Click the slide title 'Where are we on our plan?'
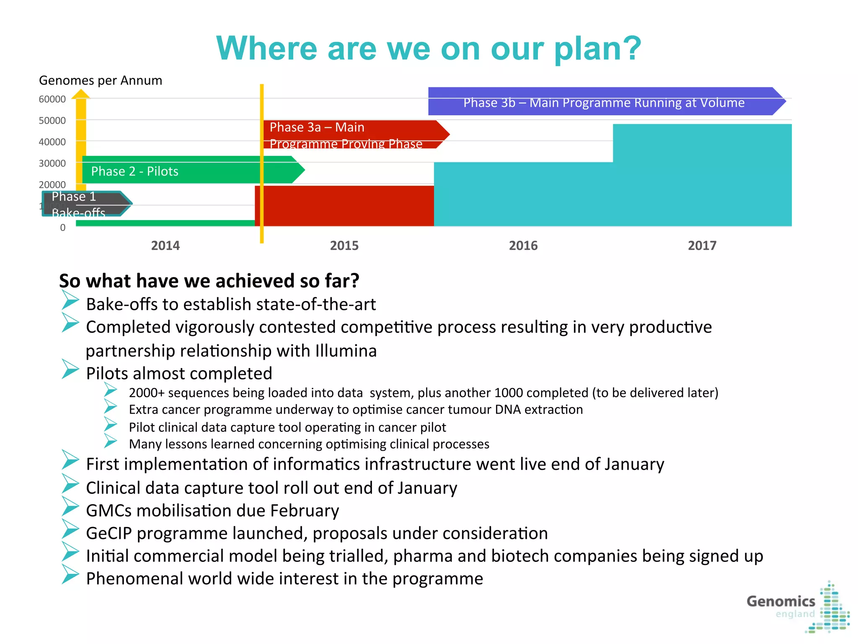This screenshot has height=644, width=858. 428,49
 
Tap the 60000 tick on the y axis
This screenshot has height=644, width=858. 52,99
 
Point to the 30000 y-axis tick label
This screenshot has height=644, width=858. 52,164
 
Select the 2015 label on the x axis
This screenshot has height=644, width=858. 344,246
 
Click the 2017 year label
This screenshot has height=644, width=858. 702,246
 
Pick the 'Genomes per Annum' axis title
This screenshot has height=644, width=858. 101,80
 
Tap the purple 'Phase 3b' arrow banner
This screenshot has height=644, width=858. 603,102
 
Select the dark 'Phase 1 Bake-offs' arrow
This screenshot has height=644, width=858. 84,204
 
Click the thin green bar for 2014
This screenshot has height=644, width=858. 165,223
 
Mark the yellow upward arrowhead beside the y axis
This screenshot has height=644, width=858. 80,94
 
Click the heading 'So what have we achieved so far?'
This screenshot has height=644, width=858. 209,281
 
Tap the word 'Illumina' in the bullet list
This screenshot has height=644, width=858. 346,351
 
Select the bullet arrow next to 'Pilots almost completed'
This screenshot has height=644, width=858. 70,369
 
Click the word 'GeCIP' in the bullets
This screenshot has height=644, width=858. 109,534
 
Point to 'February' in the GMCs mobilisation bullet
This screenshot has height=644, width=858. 304,511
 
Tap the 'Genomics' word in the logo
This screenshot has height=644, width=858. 780,602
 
